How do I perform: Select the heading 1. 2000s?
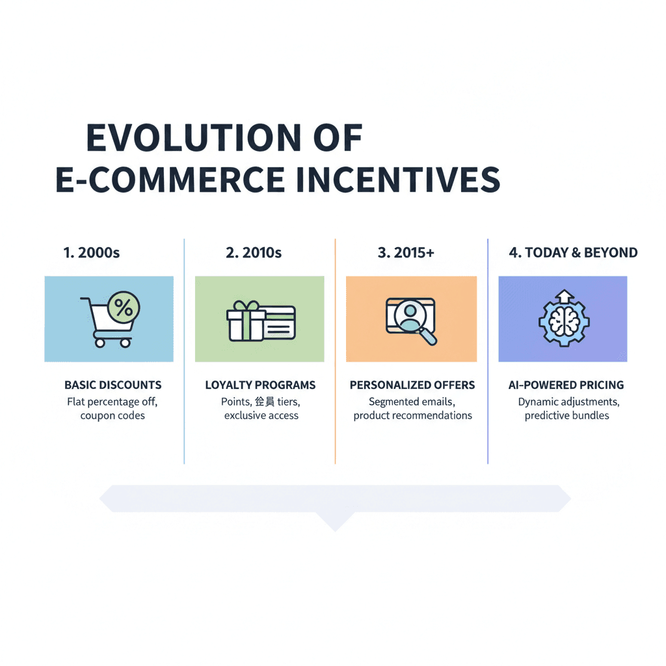pos(92,253)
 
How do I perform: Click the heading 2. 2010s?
pos(254,253)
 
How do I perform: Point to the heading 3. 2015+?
pos(406,253)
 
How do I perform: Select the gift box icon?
pos(246,321)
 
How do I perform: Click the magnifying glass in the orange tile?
pos(424,333)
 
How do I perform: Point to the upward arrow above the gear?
pos(563,296)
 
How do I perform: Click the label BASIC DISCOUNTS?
pos(113,385)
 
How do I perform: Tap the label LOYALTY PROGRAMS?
pos(260,385)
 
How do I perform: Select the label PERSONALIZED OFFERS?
pos(412,385)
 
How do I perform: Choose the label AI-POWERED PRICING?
pos(566,385)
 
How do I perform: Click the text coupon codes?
pos(113,416)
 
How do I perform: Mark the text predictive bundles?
pos(566,416)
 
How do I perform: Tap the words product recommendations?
pos(412,416)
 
